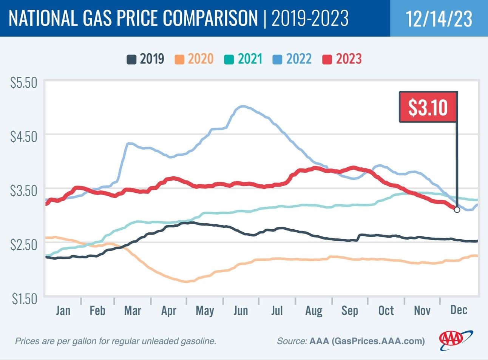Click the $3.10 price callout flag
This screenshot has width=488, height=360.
pos(428,107)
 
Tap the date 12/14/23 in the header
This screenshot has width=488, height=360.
pos(439,19)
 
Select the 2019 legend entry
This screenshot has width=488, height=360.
pos(146,59)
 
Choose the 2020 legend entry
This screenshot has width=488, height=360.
pos(195,59)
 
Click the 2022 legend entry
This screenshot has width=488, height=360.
pos(292,59)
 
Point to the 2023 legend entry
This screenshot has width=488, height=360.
pos(342,59)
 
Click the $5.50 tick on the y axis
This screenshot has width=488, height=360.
pos(23,83)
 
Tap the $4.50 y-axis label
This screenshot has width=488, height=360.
pos(23,136)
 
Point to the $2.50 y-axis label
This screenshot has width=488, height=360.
pos(23,244)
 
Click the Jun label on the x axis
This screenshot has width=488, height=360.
pos(241,311)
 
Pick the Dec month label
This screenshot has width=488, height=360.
pos(459,310)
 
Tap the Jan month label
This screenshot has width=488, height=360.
pos(63,311)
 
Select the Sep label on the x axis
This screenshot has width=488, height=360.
pos(349,311)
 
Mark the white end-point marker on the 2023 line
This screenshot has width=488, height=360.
pos(457,210)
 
